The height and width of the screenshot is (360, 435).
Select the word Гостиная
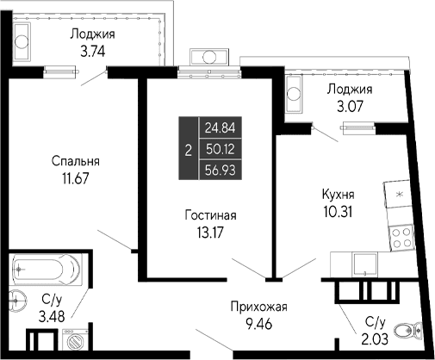211,214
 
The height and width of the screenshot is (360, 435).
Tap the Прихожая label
258,307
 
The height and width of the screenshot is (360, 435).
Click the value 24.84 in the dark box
218,127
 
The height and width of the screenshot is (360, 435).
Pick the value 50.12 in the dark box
218,148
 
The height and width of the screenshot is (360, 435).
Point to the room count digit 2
188,149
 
